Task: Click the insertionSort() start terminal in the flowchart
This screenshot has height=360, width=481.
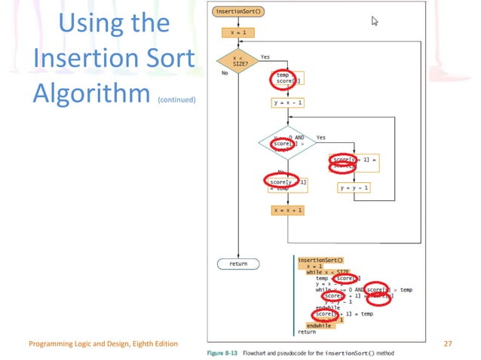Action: (237, 11)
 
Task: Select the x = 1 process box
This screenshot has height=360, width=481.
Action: (237, 33)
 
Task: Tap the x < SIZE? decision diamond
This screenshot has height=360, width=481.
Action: (237, 63)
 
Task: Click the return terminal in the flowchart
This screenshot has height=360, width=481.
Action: (237, 264)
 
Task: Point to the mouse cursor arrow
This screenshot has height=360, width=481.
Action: (374, 21)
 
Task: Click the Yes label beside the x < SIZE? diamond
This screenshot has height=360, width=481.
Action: (265, 56)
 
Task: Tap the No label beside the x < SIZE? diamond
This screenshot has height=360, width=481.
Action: (224, 74)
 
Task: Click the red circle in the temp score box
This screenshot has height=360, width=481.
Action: (283, 78)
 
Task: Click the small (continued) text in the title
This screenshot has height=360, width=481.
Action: (177, 98)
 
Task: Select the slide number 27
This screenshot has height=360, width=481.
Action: (448, 343)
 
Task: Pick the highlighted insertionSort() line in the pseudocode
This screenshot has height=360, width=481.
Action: (320, 259)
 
